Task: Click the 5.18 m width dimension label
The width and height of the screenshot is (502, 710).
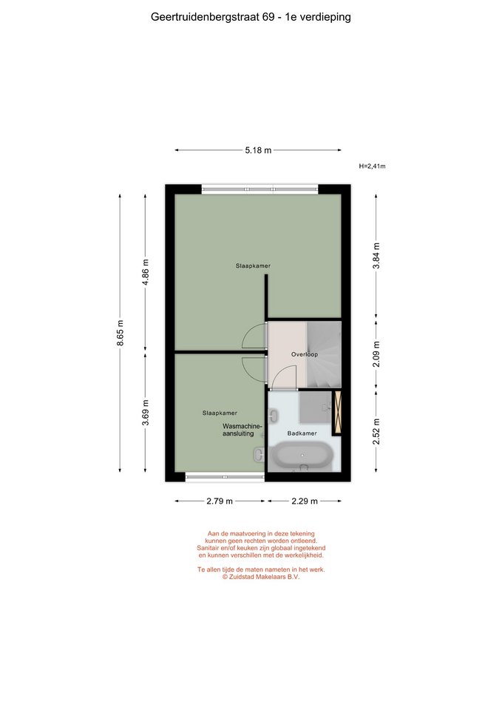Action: tap(258, 150)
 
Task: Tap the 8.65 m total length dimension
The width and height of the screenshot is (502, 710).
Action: tap(120, 333)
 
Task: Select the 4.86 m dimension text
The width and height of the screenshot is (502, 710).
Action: tap(146, 273)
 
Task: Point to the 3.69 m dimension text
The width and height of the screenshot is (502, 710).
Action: tap(146, 413)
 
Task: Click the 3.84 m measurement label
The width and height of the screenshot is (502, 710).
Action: tap(376, 256)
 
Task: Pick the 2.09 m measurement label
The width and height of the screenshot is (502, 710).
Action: tap(376, 354)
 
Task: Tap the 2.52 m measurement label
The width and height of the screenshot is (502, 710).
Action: tap(376, 432)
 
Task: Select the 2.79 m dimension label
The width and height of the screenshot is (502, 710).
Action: tap(220, 501)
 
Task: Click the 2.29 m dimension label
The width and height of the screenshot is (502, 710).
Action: tap(305, 501)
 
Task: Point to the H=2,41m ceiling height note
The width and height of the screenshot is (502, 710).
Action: tap(372, 166)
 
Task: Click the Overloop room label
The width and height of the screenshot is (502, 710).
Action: tap(305, 354)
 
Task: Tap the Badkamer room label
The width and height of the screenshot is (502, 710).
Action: tap(302, 433)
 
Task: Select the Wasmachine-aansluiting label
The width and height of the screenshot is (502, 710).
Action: tap(242, 430)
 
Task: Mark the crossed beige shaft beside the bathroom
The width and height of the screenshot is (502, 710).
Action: tap(337, 412)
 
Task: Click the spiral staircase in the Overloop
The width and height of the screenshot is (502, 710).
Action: tap(324, 354)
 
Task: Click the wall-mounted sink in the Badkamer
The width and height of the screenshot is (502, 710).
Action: tap(273, 415)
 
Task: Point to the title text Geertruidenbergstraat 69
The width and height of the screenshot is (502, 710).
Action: tap(213, 17)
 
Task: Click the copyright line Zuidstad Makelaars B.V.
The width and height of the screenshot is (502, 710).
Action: tap(261, 577)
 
